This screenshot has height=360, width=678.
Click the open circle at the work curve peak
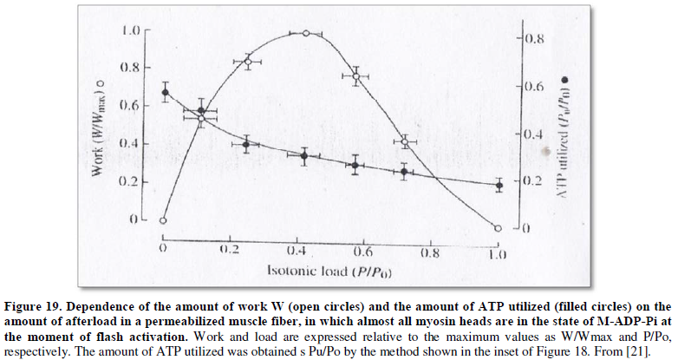(305, 33)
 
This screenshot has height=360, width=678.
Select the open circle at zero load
(163, 220)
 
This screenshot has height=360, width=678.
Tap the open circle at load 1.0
(498, 228)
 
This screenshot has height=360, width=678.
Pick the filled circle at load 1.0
(499, 185)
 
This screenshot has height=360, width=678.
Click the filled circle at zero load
(164, 91)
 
